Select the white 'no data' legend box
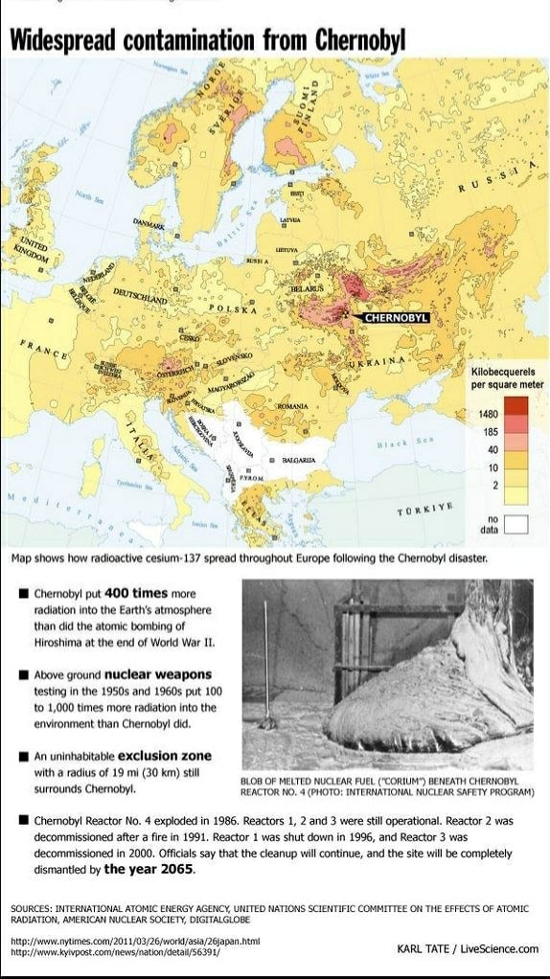[x=516, y=523]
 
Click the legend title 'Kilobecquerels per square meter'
[x=507, y=377]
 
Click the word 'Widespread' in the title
[x=64, y=41]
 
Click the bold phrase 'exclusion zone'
[x=164, y=756]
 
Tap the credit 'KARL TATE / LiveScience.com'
[x=468, y=948]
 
